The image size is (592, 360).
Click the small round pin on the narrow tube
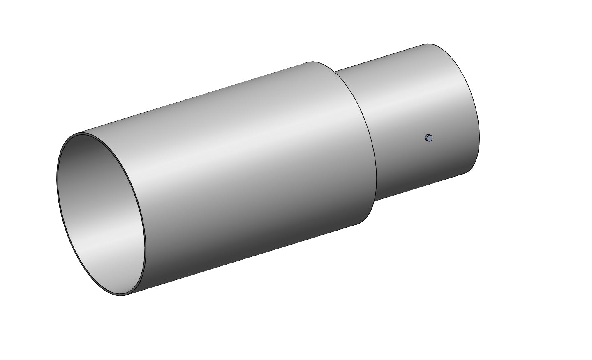(x=429, y=138)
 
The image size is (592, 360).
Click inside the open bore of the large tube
(x=101, y=214)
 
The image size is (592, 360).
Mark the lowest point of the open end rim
(x=121, y=295)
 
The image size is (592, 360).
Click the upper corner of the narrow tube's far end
(x=428, y=44)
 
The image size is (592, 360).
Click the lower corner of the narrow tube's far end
(x=465, y=173)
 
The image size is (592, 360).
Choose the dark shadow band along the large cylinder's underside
(x=247, y=247)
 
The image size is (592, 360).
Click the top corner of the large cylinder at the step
(x=309, y=62)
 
